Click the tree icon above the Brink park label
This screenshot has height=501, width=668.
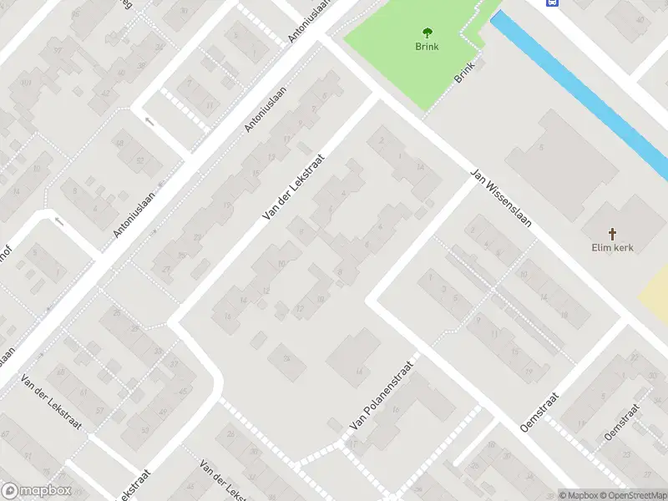428,33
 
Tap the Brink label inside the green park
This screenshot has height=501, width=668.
427,47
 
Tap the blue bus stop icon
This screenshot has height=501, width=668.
553,3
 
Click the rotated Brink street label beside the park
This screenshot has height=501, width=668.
464,73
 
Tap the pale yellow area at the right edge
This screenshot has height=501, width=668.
655,288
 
